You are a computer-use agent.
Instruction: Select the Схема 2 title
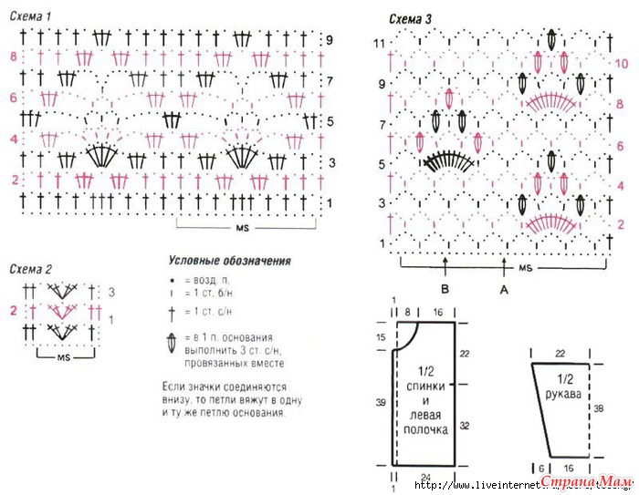pos(30,270)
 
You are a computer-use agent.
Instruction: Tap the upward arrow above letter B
pos(445,267)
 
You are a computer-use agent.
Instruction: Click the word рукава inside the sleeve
pos(563,394)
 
